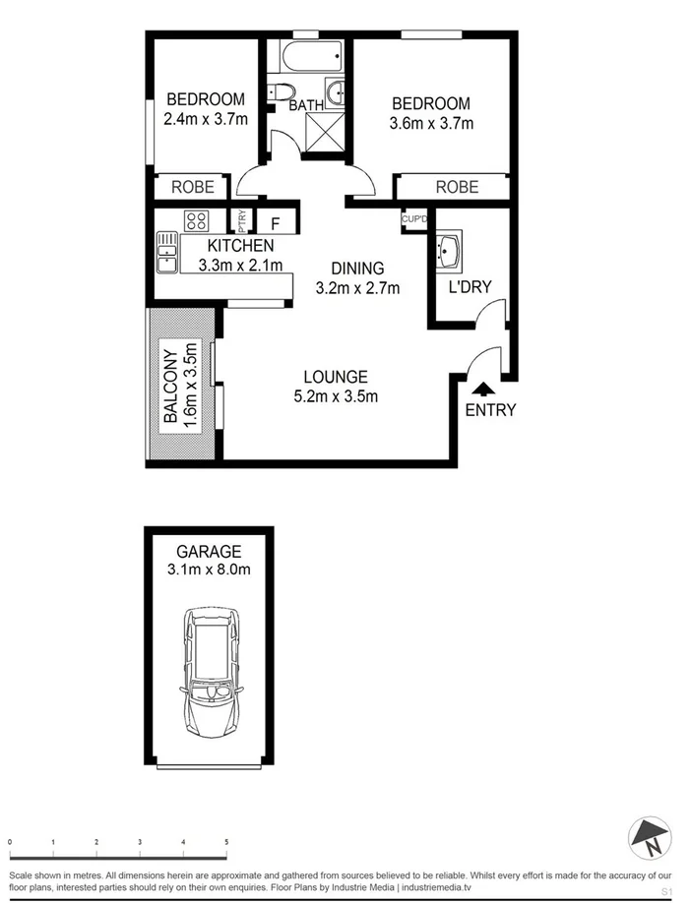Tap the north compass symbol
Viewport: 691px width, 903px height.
pos(650,837)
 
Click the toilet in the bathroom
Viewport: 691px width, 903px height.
pos(280,95)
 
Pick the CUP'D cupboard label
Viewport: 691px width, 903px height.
pos(414,219)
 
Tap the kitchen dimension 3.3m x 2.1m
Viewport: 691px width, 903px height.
pos(240,265)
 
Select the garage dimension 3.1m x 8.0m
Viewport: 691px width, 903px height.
pos(209,570)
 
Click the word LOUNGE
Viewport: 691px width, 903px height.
pos(336,377)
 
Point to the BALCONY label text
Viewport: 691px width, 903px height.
pos(170,386)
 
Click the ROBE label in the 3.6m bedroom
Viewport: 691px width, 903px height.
pos(457,187)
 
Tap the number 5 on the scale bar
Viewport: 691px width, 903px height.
pos(226,843)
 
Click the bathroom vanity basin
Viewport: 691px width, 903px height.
pos(337,93)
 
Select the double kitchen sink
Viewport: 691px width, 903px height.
pos(164,252)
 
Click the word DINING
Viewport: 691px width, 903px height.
pos(356,269)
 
